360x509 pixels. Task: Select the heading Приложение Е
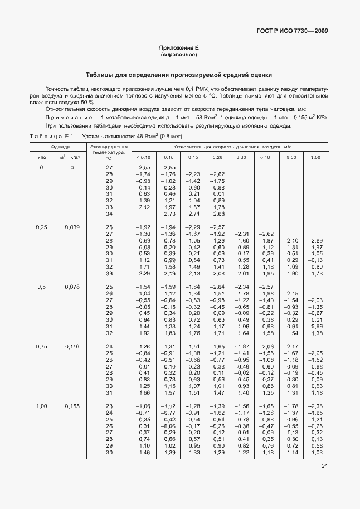178,49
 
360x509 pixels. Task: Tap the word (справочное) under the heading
178,55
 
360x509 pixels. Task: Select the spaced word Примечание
66,118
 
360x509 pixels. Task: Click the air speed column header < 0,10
143,157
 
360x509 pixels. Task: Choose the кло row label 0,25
41,227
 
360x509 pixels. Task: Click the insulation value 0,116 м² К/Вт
71,346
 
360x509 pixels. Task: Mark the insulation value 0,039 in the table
71,227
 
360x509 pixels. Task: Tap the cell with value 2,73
167,214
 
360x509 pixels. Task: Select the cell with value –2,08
315,406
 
